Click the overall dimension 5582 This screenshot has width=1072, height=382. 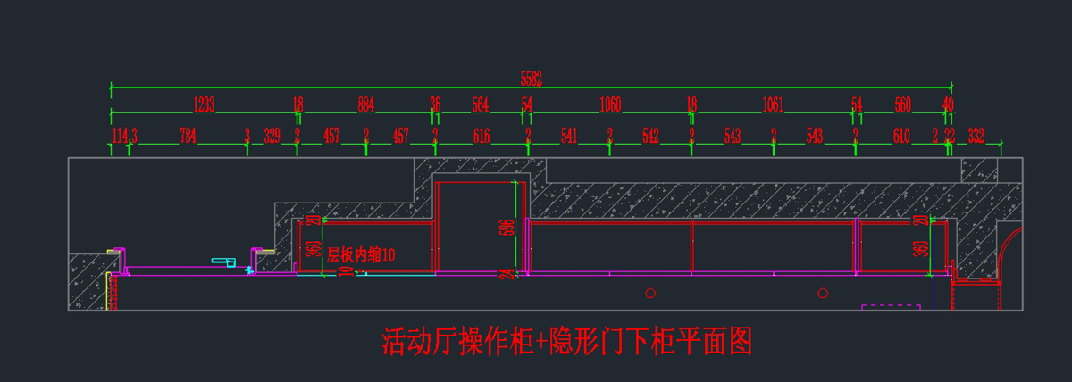[532, 79]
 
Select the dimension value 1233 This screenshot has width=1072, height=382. [204, 105]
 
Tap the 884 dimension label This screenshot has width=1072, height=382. [366, 105]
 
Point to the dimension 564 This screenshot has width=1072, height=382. [481, 105]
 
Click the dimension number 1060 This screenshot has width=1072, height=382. [610, 105]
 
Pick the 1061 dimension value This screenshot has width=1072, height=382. [773, 105]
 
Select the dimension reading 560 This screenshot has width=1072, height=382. [902, 105]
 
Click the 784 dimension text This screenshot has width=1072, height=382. [188, 137]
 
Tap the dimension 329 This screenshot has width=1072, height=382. [272, 137]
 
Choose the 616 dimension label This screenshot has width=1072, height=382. [482, 137]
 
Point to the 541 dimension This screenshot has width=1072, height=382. [569, 137]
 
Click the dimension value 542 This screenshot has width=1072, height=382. [650, 137]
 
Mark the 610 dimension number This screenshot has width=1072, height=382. [901, 137]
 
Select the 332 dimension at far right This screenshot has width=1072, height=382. [976, 137]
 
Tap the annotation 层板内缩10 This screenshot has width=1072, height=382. [361, 254]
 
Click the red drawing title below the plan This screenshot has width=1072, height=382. [567, 341]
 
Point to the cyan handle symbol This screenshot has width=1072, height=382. [224, 262]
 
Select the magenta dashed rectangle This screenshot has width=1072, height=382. [891, 307]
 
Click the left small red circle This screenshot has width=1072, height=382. [651, 293]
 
